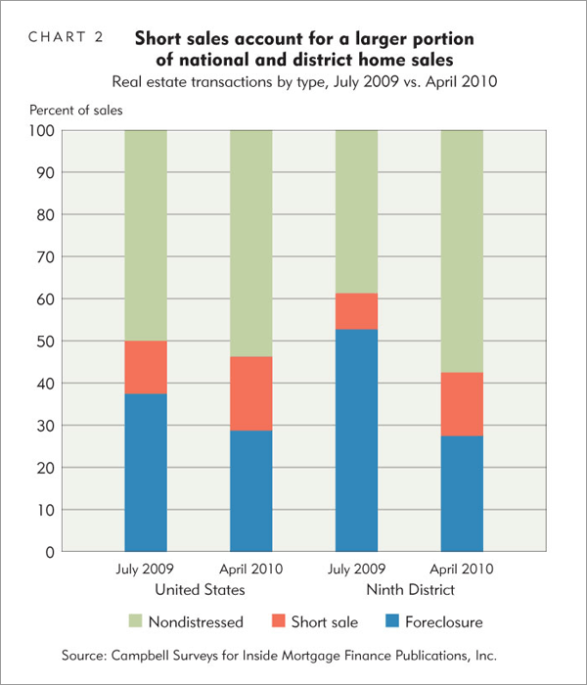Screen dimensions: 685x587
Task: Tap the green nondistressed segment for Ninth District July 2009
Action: click(x=356, y=211)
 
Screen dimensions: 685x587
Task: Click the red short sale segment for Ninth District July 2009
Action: click(x=356, y=311)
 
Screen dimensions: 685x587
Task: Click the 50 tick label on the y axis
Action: click(x=46, y=342)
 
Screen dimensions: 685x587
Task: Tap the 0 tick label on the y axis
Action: click(x=50, y=553)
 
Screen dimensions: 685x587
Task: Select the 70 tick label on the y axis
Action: click(x=46, y=256)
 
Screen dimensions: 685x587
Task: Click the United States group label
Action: click(x=199, y=590)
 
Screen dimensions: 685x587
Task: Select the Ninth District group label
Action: click(x=409, y=590)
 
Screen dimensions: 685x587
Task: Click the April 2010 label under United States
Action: click(x=250, y=571)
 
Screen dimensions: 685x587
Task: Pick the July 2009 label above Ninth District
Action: click(x=356, y=571)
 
